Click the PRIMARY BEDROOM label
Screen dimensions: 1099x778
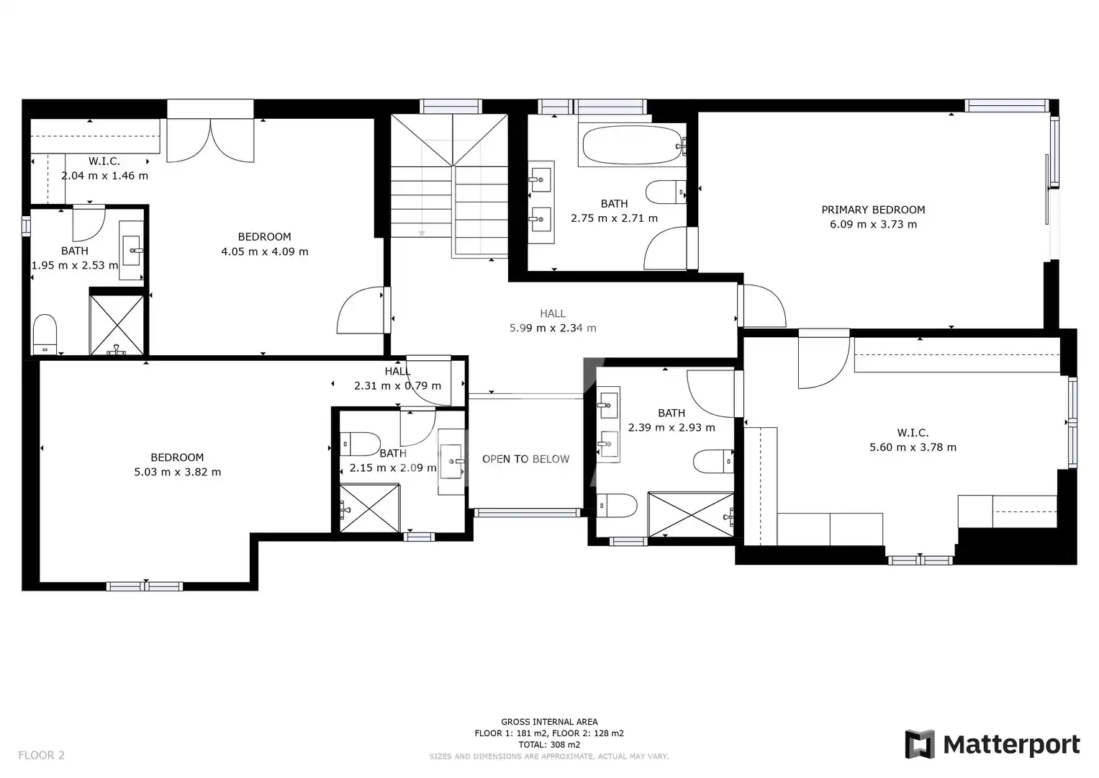click(873, 210)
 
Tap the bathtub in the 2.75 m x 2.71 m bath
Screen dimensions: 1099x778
click(633, 145)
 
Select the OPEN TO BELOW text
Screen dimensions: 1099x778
click(525, 460)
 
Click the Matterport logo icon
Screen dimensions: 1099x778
click(919, 744)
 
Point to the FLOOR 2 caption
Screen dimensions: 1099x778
click(41, 755)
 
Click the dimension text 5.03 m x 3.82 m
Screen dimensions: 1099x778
click(178, 472)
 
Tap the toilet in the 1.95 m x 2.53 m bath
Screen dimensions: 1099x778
click(45, 334)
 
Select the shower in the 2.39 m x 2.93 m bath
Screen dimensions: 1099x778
click(691, 515)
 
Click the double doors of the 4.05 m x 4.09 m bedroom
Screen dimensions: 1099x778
click(210, 140)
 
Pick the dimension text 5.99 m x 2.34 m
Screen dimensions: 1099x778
click(553, 328)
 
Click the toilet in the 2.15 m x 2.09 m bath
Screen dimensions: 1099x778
click(361, 444)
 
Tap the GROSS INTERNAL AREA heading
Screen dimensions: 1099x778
click(549, 722)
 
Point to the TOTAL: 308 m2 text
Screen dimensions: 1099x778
click(549, 745)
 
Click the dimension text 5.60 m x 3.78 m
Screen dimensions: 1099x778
click(913, 447)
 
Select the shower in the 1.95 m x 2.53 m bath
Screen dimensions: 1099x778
click(117, 325)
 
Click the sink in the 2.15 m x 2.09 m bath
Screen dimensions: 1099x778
click(451, 462)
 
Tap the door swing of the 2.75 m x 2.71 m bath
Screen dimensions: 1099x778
click(665, 248)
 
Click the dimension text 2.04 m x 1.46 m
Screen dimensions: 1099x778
click(104, 176)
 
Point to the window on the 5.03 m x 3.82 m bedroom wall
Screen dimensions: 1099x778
click(145, 586)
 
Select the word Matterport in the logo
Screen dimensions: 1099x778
click(1012, 745)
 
